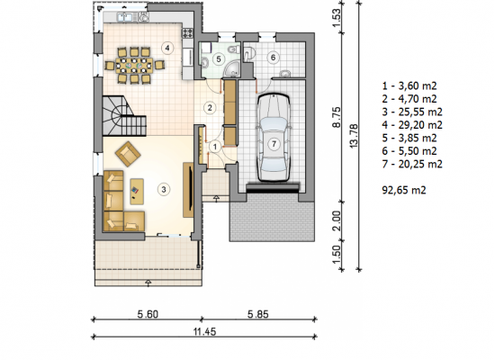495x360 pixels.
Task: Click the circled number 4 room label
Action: (167, 48)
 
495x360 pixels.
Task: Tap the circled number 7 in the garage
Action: (274, 144)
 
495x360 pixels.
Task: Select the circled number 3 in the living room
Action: (164, 190)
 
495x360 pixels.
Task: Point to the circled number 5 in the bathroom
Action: (219, 59)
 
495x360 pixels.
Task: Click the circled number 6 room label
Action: (273, 58)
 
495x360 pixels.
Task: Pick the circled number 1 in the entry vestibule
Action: (215, 147)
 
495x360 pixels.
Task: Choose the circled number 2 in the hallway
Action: (210, 108)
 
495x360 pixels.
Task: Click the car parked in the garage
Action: (274, 138)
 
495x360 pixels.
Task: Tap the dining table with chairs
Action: (135, 66)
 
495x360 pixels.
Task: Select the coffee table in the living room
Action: (137, 192)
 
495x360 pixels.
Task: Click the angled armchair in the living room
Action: (128, 154)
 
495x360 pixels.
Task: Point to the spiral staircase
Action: (124, 116)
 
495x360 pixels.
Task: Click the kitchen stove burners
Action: (187, 32)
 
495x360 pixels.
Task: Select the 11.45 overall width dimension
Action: (204, 332)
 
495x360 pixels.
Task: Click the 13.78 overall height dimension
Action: (354, 136)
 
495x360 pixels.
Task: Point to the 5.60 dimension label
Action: (148, 314)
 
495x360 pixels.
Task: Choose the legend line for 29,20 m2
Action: (412, 125)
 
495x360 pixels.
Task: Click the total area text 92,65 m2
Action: (404, 190)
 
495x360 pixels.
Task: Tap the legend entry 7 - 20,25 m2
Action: (412, 164)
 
